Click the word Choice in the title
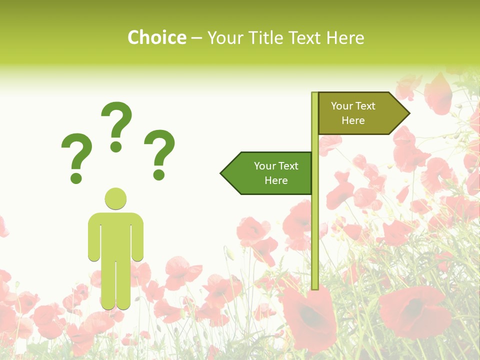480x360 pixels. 156,37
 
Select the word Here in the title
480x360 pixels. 344,37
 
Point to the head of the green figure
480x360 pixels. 115,198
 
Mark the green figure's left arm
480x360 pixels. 93,237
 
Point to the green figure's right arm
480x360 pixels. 138,237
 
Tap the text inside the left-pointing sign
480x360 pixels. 276,173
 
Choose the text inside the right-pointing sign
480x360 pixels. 353,113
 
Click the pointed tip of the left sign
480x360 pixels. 222,173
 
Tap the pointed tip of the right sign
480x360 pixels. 408,113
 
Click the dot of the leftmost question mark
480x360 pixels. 76,178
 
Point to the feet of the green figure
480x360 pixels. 116,304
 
